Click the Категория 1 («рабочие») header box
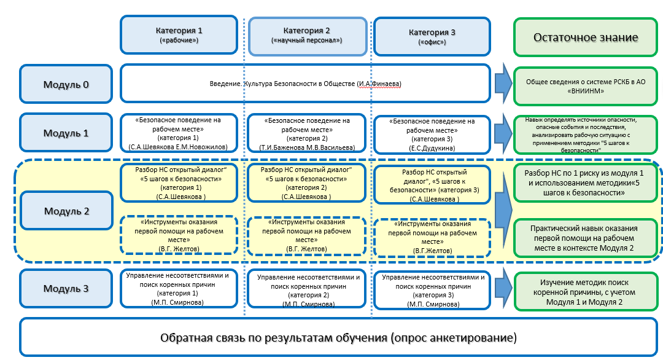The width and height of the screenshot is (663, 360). [179, 36]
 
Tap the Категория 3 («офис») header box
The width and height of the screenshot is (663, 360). [431, 36]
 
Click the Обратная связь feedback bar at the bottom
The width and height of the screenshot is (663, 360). [338, 337]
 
